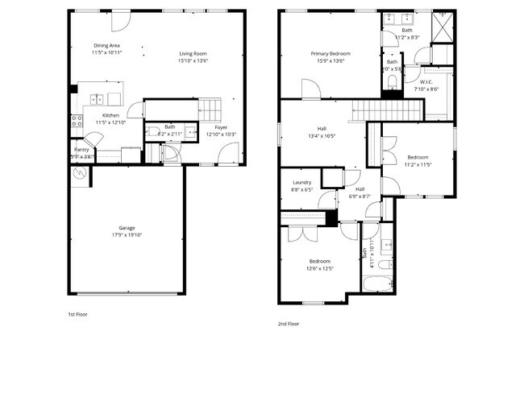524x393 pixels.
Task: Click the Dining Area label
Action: (x=106, y=46)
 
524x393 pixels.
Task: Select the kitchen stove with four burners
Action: (x=77, y=122)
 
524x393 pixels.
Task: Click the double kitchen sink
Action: (x=98, y=100)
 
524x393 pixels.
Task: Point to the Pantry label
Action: (x=81, y=149)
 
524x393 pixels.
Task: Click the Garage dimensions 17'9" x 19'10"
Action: (x=127, y=236)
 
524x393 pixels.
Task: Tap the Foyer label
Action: (x=220, y=127)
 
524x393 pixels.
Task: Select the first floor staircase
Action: (x=210, y=107)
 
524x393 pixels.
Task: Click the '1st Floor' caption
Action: (x=77, y=315)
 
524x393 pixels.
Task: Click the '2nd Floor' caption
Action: (x=288, y=323)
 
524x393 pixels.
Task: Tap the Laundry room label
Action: (x=302, y=183)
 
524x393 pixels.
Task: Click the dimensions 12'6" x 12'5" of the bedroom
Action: (x=319, y=269)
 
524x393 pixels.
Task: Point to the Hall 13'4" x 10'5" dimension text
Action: (x=321, y=136)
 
